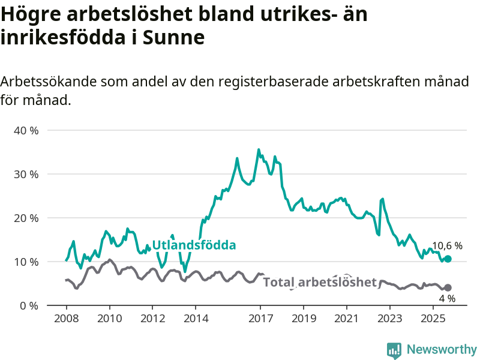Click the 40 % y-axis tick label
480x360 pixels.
25,130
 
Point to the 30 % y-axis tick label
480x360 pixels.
25,174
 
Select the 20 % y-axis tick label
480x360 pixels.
25,218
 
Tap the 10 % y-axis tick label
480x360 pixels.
25,262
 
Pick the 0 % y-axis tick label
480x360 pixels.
28,305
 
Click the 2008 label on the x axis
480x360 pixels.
66,317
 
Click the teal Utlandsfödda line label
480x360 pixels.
194,245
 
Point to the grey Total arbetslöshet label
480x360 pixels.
320,282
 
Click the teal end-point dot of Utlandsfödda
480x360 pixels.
448,259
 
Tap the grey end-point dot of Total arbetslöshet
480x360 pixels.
448,287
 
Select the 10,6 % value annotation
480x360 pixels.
447,245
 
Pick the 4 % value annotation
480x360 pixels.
447,298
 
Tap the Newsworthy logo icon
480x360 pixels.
394,350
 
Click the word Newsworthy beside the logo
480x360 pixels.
442,349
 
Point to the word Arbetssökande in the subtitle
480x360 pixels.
49,82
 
